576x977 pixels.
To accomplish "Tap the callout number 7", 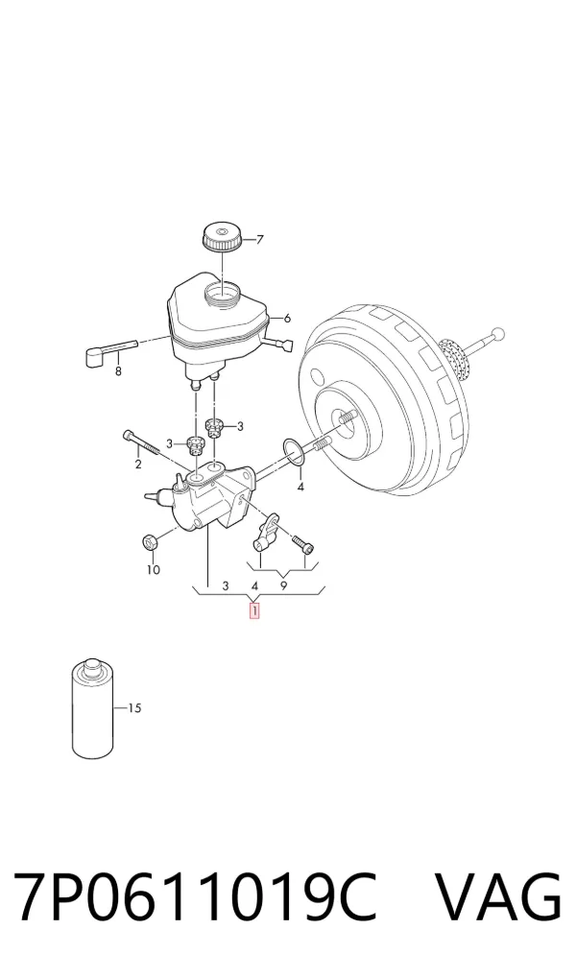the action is coord(260,239).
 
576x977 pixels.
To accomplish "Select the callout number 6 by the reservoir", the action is coord(287,319).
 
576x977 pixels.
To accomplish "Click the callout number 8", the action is coord(118,372).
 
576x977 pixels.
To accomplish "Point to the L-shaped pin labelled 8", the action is coord(109,352).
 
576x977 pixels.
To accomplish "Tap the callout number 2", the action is coord(138,465).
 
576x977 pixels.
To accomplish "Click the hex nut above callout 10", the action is coord(150,542).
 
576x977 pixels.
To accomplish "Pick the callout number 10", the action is coord(154,569).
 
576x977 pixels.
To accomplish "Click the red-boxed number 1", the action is coord(254,610).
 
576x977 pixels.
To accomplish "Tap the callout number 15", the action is coord(134,708).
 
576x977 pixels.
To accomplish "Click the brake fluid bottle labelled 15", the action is coord(93,708).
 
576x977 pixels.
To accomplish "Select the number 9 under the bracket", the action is coord(283,585).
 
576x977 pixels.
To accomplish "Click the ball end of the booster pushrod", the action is coord(497,335).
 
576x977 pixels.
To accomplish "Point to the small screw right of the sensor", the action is coord(303,544).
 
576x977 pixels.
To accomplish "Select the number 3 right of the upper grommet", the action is coord(240,427).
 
